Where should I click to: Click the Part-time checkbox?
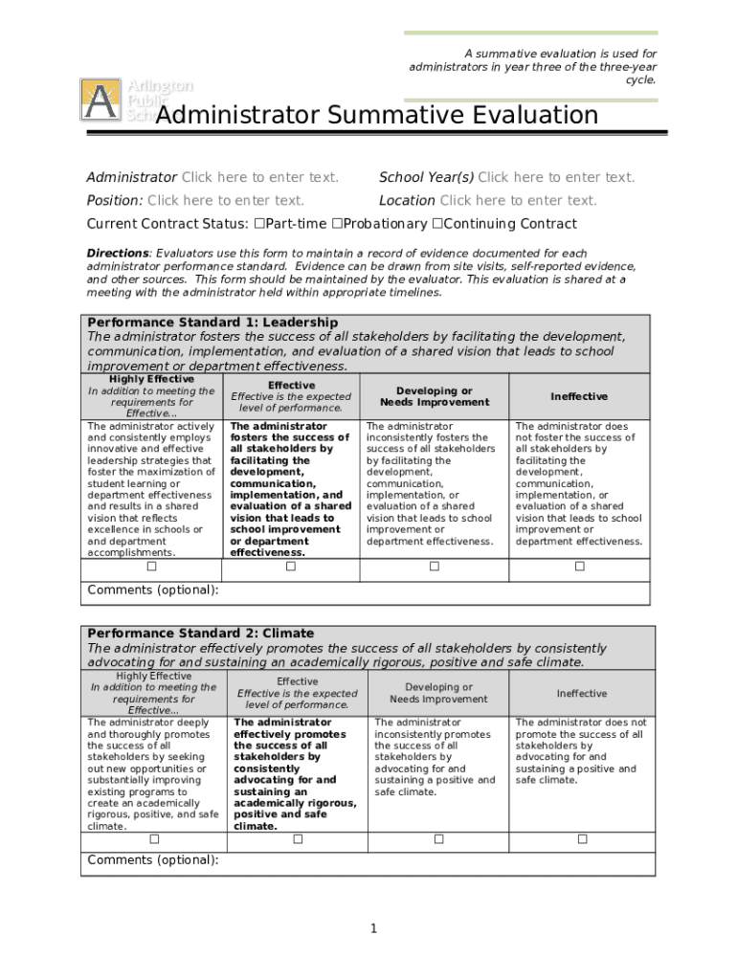coord(259,224)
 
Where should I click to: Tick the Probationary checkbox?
coord(337,224)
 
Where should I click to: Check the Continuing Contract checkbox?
coord(437,224)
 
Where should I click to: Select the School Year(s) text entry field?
coord(556,177)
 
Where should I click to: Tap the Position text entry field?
coord(226,201)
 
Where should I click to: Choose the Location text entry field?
coord(518,201)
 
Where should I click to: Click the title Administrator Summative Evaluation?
coord(376,116)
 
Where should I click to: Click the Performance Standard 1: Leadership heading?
coord(212,323)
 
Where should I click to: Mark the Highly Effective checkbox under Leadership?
coord(151,567)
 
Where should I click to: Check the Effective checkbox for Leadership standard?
coord(291,567)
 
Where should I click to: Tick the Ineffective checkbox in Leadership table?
coord(579,567)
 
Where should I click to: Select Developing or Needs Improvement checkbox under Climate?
coord(438,839)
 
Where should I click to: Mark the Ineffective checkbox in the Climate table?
coord(582,839)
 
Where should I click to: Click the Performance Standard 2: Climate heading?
coord(200,634)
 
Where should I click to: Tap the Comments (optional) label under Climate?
coord(153,859)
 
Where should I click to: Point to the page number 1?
coord(374,928)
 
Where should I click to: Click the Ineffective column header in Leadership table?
coord(579,396)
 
